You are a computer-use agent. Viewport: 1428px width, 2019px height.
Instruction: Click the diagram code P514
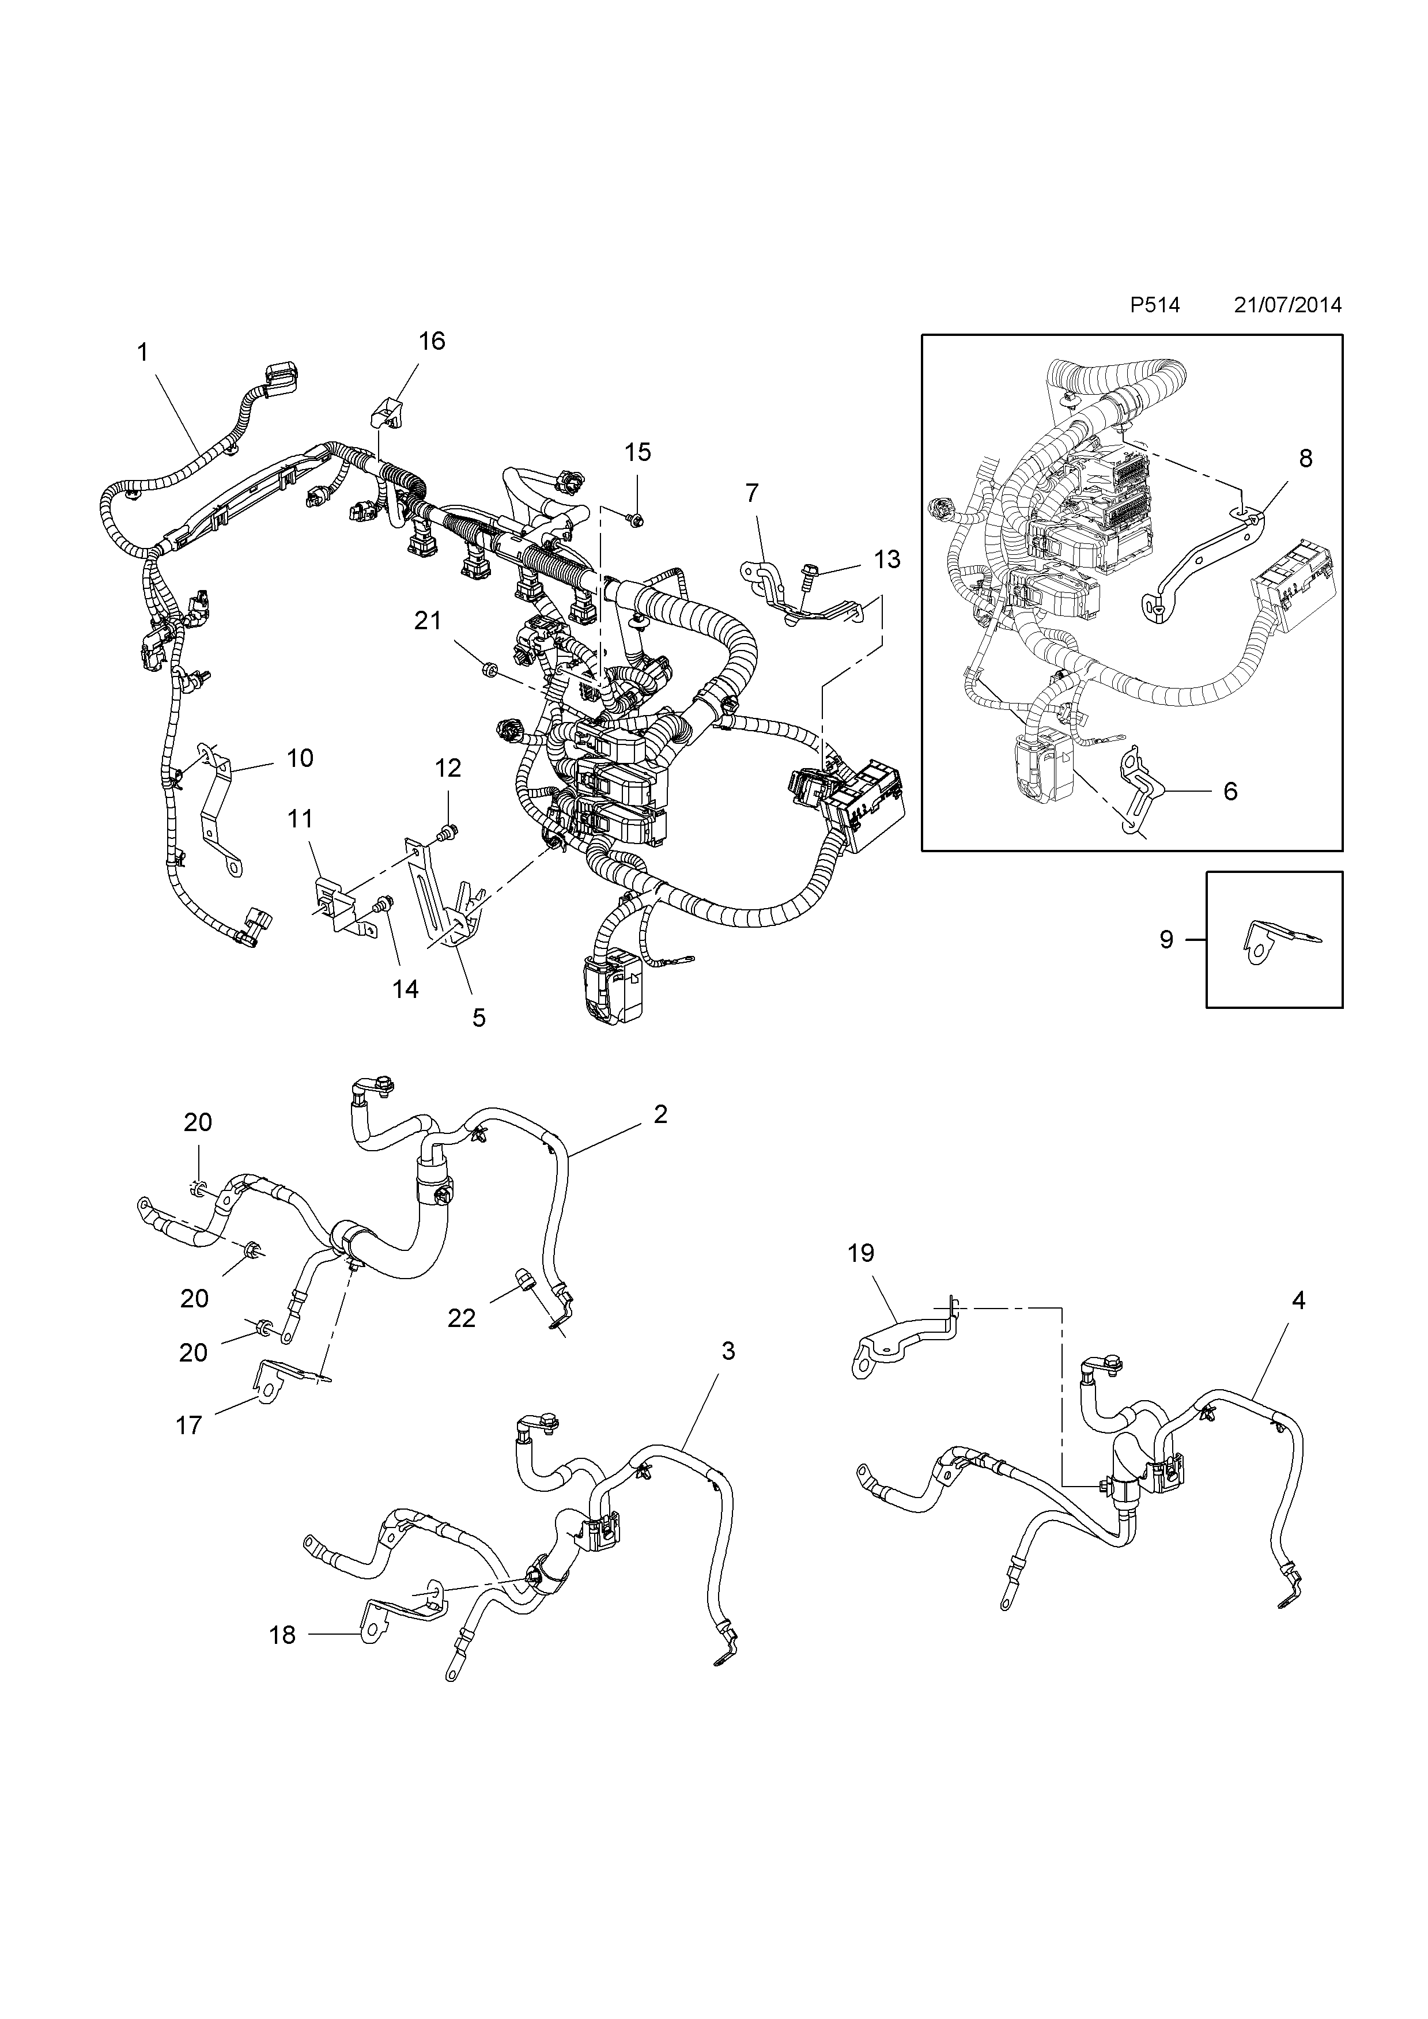1154,305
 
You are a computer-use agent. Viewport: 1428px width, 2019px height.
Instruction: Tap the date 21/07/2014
1287,305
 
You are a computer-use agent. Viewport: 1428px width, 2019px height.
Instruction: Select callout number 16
432,341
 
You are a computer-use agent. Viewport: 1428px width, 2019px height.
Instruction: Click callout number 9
1166,940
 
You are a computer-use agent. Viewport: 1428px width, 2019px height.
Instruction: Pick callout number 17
189,1426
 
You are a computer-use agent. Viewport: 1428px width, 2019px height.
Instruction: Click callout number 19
861,1253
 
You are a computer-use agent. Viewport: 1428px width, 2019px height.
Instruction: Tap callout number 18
282,1635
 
